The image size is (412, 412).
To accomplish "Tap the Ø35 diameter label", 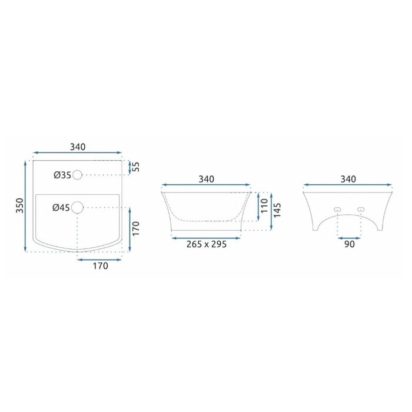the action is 62,175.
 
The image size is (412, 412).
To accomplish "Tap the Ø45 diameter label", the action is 61,208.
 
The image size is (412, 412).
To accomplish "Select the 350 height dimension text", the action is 20,206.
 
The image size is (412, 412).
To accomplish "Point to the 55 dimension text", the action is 136,167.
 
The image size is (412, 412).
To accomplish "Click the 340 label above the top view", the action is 78,147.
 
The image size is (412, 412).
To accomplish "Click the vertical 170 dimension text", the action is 136,228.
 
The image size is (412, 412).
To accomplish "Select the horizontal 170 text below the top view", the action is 101,266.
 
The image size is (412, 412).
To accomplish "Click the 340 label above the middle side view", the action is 206,179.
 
